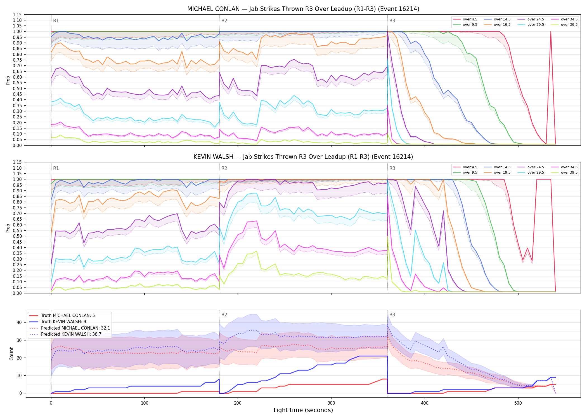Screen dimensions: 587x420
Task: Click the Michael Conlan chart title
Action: (303, 9)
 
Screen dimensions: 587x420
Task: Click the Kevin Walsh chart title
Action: (303, 157)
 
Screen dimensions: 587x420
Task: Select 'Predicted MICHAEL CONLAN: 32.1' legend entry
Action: (70, 328)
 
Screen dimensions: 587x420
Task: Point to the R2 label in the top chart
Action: (224, 21)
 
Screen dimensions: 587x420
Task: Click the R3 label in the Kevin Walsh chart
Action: (392, 168)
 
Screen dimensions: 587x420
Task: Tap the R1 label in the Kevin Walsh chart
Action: (56, 168)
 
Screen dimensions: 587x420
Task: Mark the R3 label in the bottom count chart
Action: (392, 315)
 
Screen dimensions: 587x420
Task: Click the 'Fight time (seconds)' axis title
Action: (303, 410)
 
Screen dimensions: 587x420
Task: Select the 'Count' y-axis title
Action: (11, 354)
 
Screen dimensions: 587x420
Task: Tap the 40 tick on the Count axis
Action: (19, 322)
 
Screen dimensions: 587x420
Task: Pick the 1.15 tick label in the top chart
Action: (17, 15)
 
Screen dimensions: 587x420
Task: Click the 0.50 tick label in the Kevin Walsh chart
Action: (17, 236)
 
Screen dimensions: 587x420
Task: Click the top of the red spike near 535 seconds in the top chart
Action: (551, 32)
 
